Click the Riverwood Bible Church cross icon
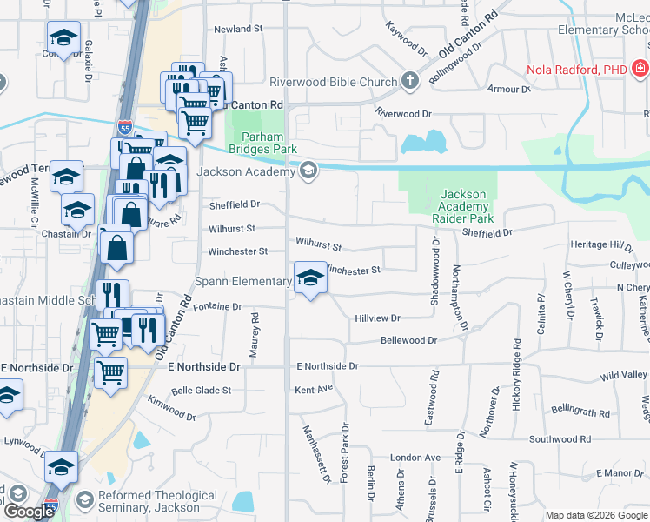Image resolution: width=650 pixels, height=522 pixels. (410, 82)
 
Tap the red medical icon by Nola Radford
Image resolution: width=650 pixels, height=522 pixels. (640, 69)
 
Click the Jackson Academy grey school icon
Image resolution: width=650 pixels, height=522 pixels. (307, 171)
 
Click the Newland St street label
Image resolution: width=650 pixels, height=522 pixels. (238, 30)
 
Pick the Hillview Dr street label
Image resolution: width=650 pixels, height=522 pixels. (376, 319)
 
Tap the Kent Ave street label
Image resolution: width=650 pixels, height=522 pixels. (314, 388)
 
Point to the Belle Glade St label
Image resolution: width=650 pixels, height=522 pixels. (201, 391)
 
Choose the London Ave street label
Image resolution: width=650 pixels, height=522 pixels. (415, 458)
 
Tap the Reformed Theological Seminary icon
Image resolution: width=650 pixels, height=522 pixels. (84, 500)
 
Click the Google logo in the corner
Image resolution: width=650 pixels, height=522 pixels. (29, 512)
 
